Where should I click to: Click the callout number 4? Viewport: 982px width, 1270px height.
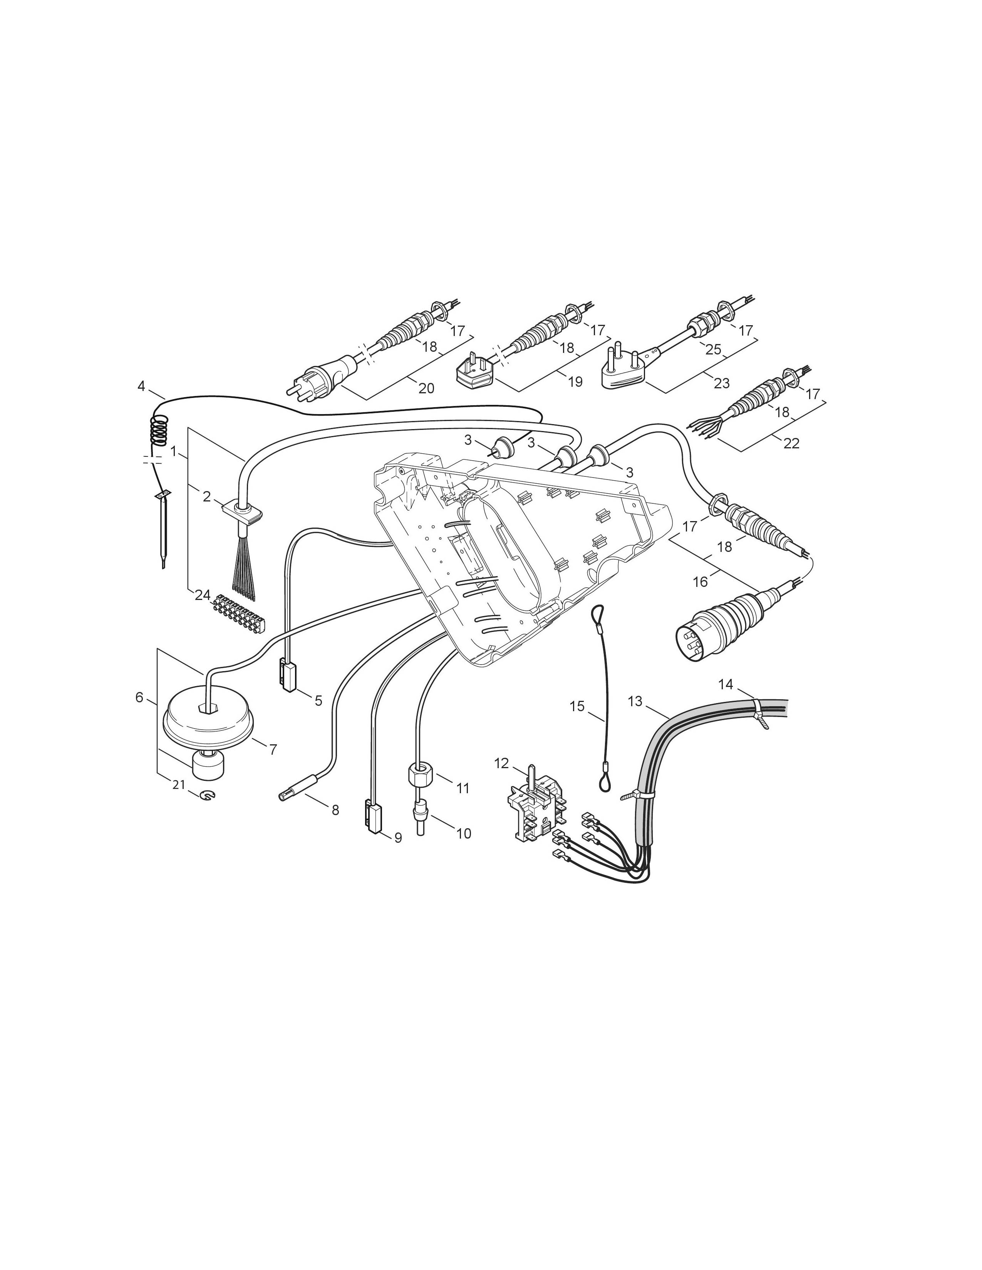[141, 386]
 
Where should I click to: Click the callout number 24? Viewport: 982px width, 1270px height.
[203, 595]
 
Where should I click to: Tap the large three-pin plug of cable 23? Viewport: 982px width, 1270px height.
[625, 368]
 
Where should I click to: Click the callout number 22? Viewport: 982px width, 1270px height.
[791, 443]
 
